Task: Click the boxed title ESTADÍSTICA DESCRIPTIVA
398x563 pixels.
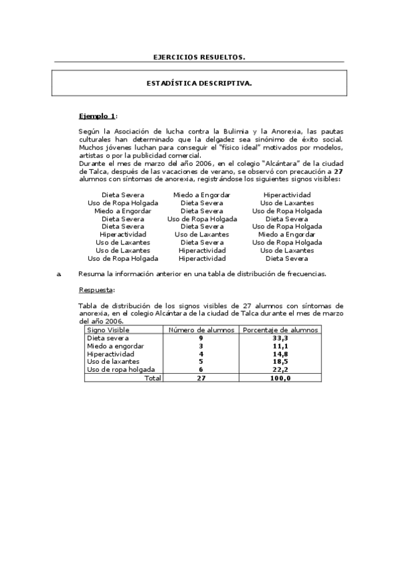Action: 199,84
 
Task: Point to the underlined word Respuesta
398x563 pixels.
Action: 96,289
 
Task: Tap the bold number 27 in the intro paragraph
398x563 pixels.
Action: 338,172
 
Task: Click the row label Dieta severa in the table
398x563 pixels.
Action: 107,338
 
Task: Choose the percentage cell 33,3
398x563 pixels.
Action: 280,338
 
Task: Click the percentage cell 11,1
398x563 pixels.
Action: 280,346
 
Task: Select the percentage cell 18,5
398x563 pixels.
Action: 280,361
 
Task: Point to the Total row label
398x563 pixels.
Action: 152,377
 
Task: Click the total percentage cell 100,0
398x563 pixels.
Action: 280,377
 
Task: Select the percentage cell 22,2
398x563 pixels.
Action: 280,369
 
